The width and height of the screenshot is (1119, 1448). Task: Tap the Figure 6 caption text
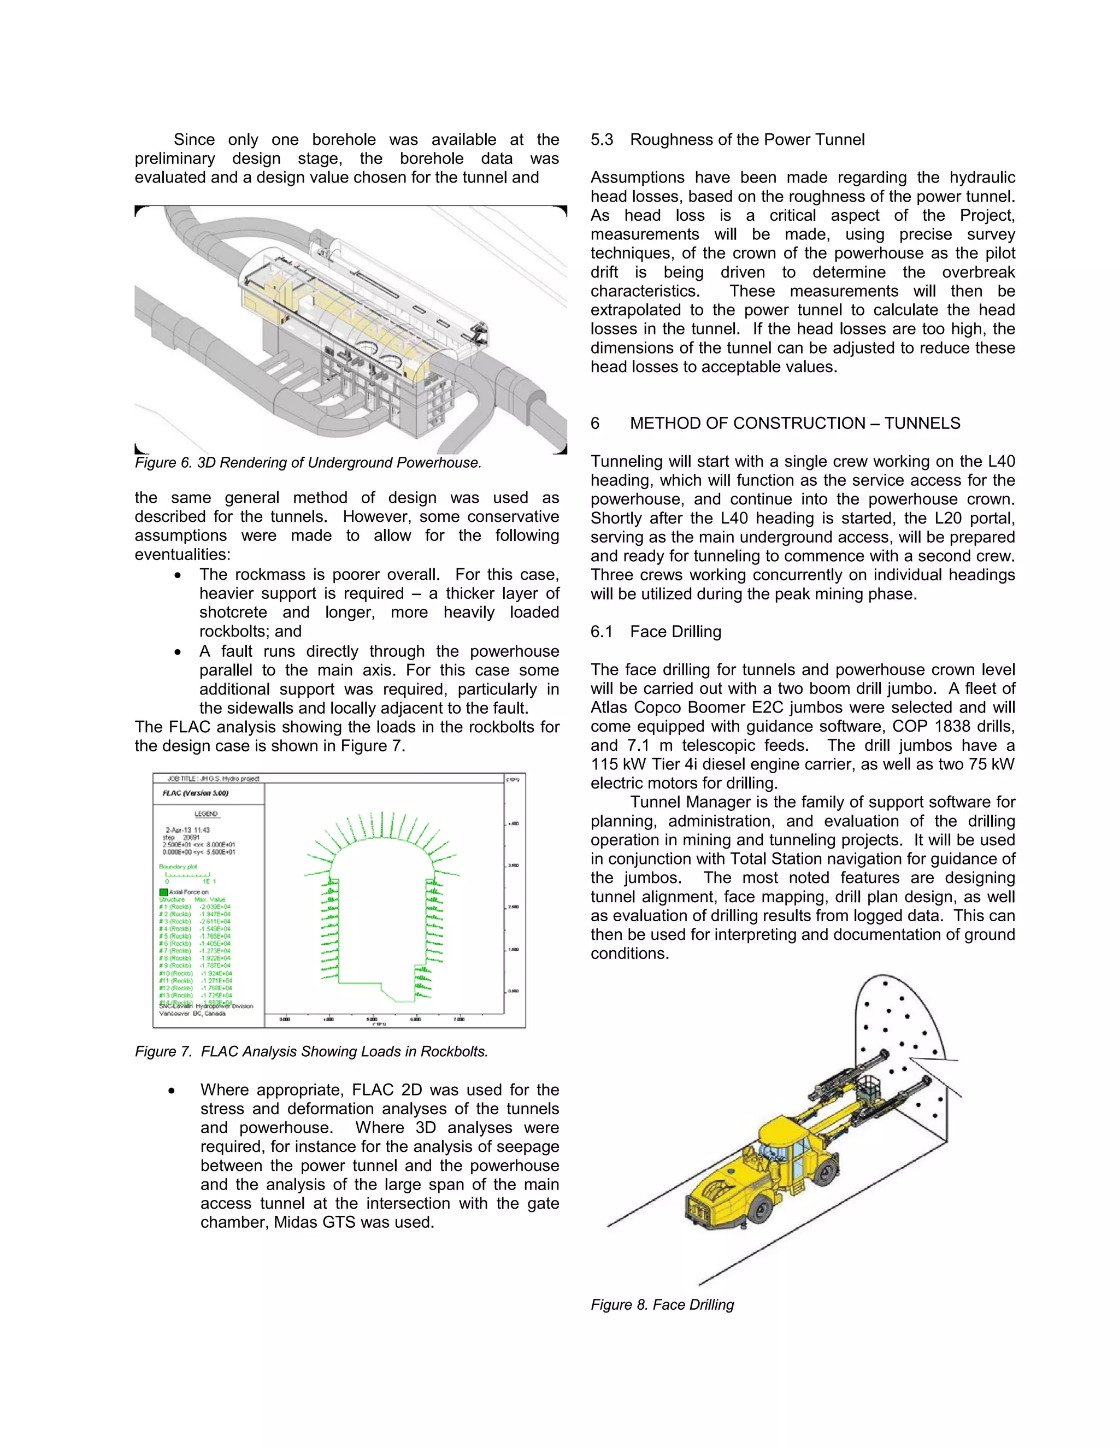pos(308,463)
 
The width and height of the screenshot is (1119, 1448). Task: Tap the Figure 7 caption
pos(311,1051)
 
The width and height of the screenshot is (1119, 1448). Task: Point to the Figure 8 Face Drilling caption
pos(662,1305)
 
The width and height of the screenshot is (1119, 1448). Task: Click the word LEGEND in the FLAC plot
pos(206,814)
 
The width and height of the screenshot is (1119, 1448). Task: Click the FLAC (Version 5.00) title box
pos(196,793)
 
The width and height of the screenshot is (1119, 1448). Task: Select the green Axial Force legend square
pos(163,892)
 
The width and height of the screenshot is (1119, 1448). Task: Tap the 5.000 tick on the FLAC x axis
pos(372,1019)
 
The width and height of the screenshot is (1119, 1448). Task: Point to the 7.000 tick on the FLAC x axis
pos(459,1019)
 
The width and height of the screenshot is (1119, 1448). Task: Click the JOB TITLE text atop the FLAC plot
pos(213,778)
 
